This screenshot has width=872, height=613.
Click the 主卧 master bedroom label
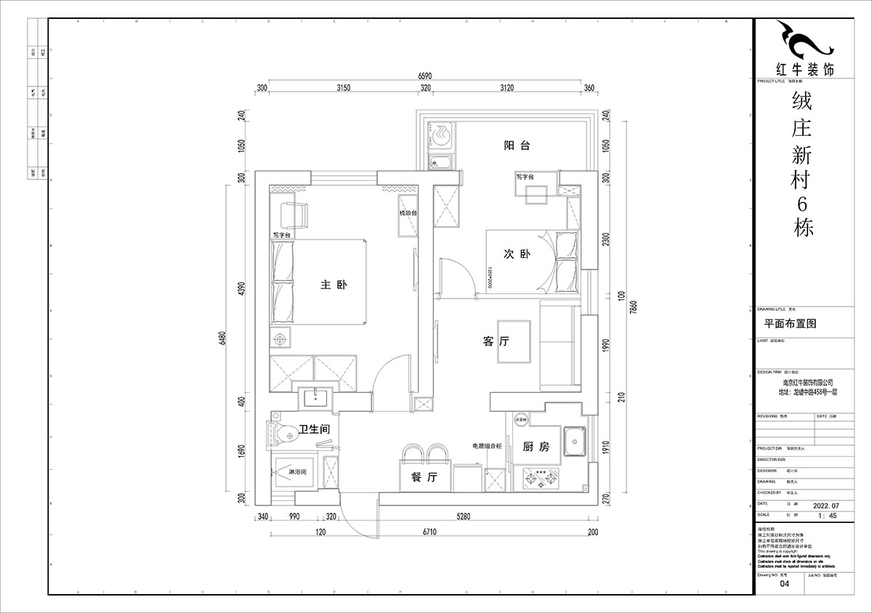333,285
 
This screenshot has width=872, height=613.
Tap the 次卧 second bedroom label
517,254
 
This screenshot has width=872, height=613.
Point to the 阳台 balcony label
517,145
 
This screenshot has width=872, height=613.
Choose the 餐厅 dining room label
423,478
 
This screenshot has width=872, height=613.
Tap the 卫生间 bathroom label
314,430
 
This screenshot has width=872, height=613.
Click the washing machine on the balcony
440,134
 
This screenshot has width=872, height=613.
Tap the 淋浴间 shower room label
298,472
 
